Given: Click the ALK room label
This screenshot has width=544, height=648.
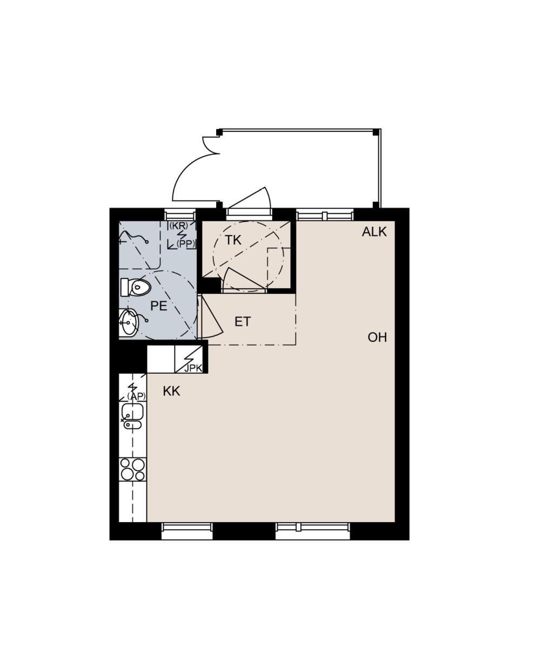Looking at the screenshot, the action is [374, 232].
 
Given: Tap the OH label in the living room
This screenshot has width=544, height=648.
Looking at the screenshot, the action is [377, 337].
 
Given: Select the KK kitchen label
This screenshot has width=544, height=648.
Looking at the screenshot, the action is [171, 391].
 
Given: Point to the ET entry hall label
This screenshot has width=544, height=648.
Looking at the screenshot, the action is [243, 322].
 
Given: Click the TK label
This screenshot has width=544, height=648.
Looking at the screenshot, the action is [233, 240].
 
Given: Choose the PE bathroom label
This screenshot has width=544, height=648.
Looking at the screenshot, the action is [159, 306].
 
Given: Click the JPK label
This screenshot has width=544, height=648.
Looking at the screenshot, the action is [193, 368].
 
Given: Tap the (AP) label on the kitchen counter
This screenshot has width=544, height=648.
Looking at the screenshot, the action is [137, 396].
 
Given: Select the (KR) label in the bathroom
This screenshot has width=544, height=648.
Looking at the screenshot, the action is [179, 226].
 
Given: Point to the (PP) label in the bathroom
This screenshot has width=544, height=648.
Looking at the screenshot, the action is [186, 244].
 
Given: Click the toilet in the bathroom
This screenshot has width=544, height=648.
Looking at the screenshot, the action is [136, 287].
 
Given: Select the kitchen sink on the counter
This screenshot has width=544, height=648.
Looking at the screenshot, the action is [132, 416].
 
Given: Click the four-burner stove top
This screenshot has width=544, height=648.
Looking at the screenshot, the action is [132, 470].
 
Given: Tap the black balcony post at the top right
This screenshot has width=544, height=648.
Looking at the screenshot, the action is [375, 132].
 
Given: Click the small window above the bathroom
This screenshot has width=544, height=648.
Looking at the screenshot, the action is [180, 215].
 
